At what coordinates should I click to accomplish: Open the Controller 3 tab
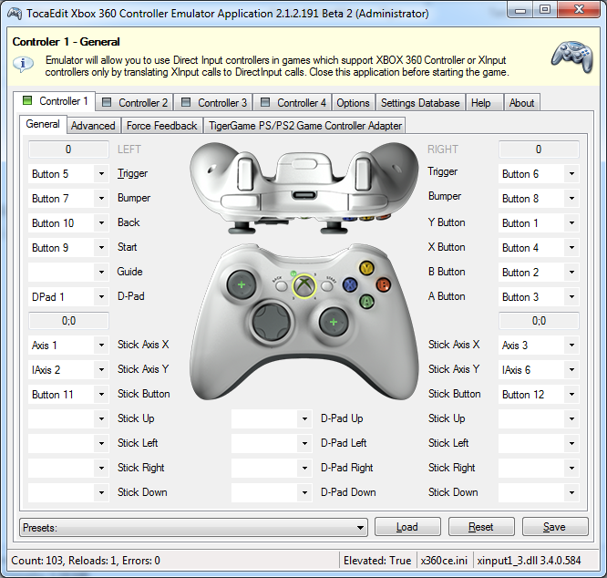[213, 103]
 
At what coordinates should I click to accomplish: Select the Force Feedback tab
[162, 126]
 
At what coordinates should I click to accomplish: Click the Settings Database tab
[420, 103]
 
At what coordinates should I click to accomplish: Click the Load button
[407, 527]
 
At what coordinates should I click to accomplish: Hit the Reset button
[481, 527]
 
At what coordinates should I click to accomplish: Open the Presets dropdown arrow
[360, 528]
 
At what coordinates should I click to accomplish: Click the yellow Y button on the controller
[366, 267]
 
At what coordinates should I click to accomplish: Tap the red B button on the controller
[383, 285]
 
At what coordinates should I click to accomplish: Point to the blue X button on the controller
[350, 285]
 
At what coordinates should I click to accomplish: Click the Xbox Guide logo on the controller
[303, 286]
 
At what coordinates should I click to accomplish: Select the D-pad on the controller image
[271, 321]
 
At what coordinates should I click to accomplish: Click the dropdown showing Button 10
[68, 223]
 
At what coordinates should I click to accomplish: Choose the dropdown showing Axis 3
[539, 345]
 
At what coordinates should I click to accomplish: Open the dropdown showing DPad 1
[68, 297]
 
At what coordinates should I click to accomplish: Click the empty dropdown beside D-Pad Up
[272, 418]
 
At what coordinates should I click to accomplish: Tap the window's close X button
[579, 9]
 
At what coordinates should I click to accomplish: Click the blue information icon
[23, 64]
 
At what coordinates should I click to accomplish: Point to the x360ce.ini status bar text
[444, 561]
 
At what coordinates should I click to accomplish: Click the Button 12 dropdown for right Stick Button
[539, 394]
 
